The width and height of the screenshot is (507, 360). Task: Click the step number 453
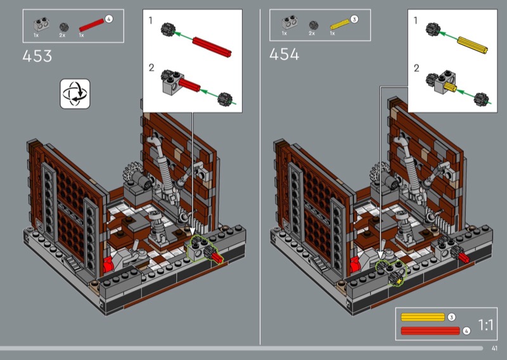pyautogui.click(x=37, y=56)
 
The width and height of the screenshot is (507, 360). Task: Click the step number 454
pyautogui.click(x=284, y=54)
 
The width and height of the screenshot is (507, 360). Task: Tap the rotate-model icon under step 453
pyautogui.click(x=75, y=94)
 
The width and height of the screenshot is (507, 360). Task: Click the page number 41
pyautogui.click(x=494, y=348)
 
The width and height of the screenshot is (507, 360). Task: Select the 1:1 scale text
pyautogui.click(x=485, y=325)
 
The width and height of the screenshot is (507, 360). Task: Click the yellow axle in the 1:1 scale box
pyautogui.click(x=423, y=317)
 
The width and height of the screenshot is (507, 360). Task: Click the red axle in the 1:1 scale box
pyautogui.click(x=430, y=331)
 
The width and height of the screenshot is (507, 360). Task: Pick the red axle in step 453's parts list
pyautogui.click(x=91, y=25)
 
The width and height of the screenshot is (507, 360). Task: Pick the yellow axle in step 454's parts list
pyautogui.click(x=340, y=24)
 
